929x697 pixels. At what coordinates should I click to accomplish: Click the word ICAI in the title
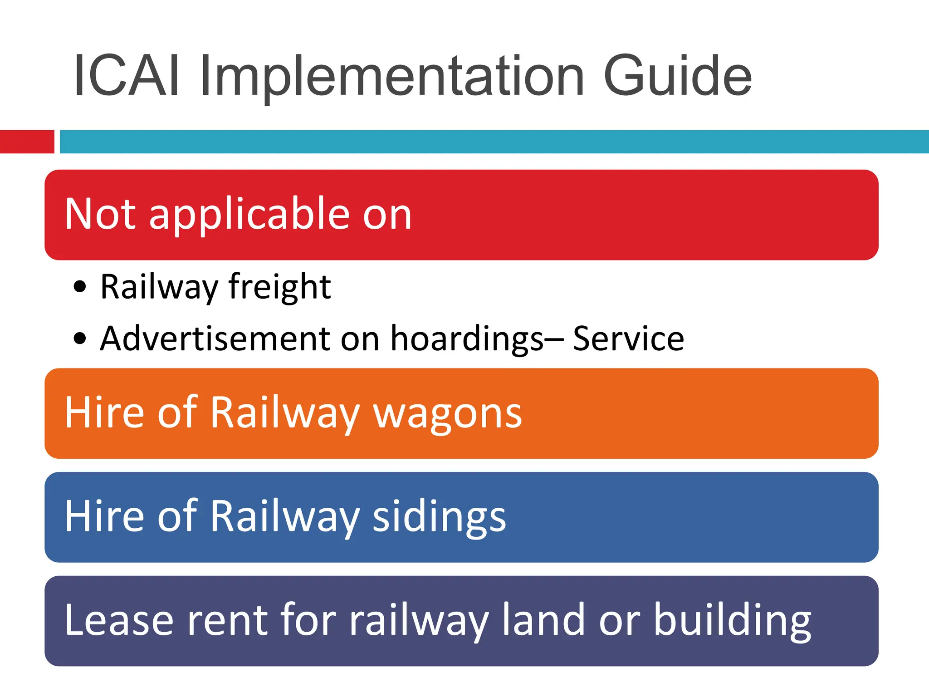[127, 75]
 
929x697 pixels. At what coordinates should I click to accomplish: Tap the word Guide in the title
[678, 75]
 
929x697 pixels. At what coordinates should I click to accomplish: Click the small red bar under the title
[27, 142]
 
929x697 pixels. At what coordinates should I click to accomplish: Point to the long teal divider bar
[494, 142]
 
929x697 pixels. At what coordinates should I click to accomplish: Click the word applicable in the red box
[249, 214]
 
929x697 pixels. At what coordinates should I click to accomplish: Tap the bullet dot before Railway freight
[80, 287]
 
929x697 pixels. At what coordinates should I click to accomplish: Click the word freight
[279, 287]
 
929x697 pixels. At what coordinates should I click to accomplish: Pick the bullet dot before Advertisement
[80, 339]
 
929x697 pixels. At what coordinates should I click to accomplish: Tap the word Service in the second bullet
[628, 339]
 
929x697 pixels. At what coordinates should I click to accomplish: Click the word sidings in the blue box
[439, 517]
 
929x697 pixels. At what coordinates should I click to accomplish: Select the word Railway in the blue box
[285, 517]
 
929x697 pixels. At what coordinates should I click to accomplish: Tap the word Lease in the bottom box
[119, 621]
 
